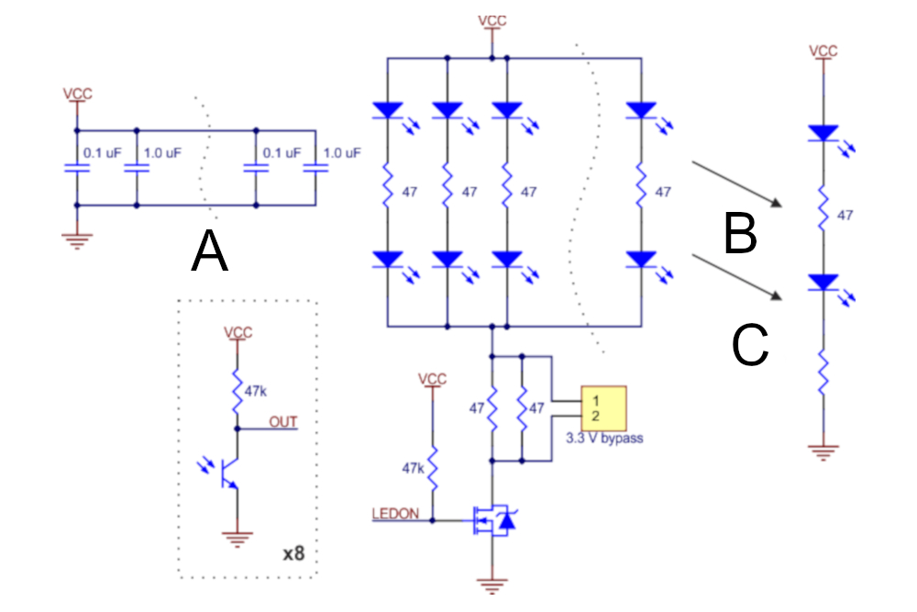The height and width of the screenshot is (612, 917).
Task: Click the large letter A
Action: coord(209,250)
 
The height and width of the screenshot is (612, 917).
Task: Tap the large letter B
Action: coord(740,233)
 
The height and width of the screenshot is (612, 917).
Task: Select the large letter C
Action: coord(750,345)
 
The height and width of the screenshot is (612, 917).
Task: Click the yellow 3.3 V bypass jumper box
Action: coord(603,408)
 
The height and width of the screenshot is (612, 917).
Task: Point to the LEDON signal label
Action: coord(395,514)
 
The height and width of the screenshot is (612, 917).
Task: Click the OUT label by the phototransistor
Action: coord(283,422)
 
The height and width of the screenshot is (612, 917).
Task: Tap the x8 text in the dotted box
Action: coord(293,553)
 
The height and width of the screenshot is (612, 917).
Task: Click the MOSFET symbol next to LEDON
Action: coord(494,519)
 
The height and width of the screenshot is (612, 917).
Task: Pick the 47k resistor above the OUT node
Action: coord(237,391)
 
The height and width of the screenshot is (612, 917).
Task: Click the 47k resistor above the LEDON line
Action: coord(433,468)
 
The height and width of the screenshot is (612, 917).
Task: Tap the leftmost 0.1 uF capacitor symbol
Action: coord(77,169)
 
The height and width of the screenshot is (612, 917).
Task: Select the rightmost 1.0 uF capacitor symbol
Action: coord(315,169)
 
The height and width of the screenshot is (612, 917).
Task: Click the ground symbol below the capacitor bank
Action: coord(77,241)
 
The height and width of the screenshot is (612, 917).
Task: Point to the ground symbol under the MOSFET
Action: coord(492,585)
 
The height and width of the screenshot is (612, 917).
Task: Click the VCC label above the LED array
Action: coord(492,20)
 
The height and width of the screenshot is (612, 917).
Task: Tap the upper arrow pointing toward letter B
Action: coord(737,184)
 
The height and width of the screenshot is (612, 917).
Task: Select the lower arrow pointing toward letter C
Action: coord(737,277)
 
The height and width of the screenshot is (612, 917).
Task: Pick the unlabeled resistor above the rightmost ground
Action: coord(823,373)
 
